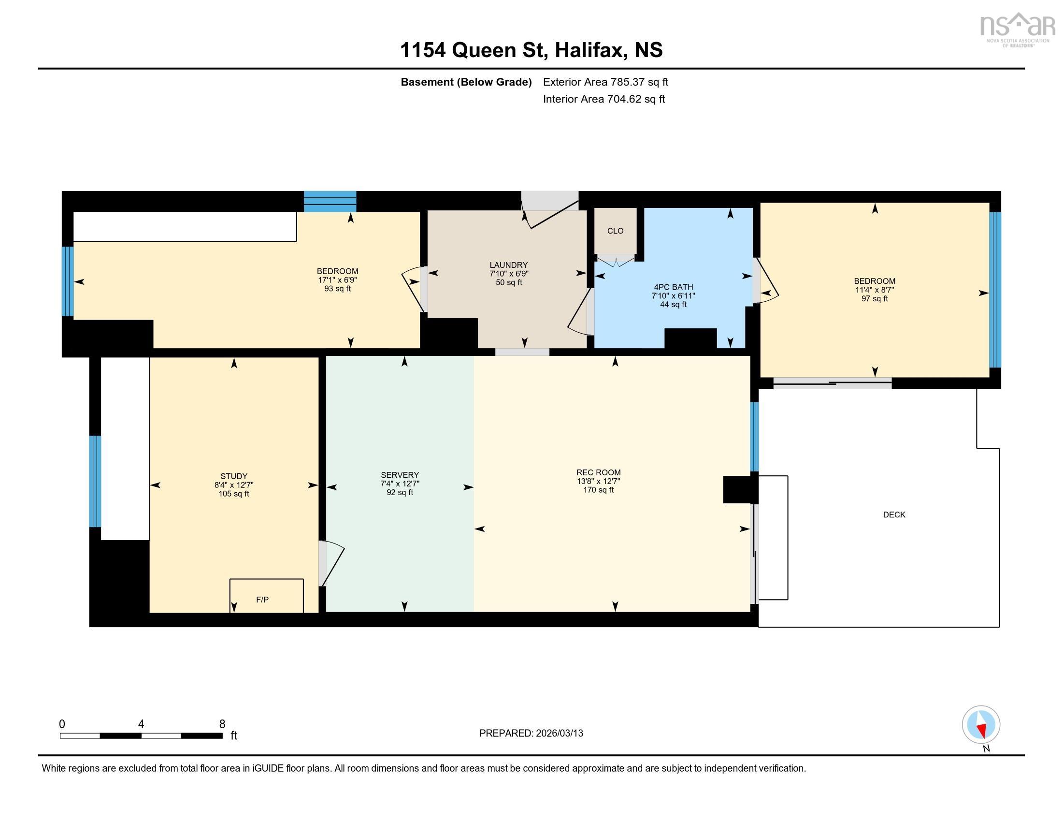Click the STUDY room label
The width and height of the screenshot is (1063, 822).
234,476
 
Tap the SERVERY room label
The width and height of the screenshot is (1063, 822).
400,475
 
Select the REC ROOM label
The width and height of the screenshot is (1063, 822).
598,472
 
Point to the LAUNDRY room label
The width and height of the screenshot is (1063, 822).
509,265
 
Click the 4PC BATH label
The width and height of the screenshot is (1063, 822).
673,287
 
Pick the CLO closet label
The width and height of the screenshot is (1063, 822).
615,231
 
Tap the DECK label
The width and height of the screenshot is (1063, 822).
894,515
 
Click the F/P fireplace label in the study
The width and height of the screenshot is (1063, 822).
262,600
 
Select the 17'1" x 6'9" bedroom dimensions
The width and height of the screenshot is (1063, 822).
337,280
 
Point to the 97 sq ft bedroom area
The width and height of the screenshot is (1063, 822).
875,298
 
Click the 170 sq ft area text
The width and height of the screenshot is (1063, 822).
598,490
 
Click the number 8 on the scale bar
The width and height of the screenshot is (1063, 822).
222,724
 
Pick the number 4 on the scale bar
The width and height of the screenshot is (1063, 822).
141,724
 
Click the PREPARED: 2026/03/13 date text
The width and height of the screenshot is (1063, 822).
531,734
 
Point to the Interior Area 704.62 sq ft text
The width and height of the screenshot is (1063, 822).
603,99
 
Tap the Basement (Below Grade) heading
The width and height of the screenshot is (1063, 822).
466,82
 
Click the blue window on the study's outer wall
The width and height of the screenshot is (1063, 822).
95,481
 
